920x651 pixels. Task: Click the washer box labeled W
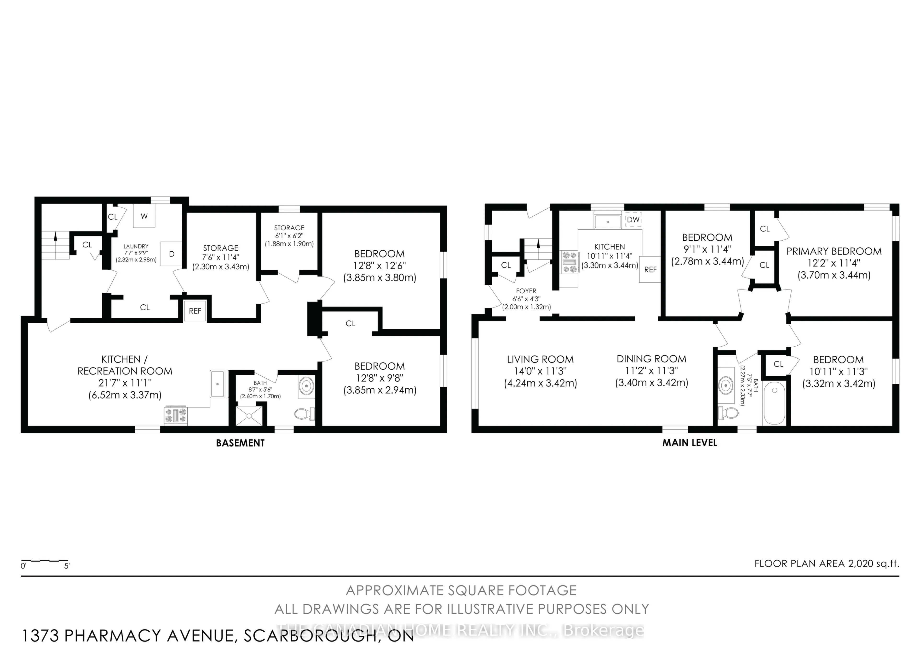pos(144,216)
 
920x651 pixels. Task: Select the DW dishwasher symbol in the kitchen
pos(633,219)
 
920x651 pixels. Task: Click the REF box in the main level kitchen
pos(650,270)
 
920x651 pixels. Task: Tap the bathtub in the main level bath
pos(774,403)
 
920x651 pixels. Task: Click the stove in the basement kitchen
pos(176,415)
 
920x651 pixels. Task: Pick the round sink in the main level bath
pos(726,386)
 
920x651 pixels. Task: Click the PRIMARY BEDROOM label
pos(834,251)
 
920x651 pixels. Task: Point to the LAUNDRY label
pos(136,246)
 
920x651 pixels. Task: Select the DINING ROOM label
pos(651,359)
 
